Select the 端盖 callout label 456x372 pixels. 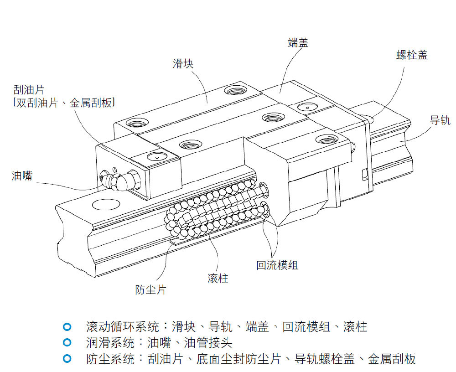click(x=298, y=43)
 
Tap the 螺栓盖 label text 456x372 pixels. click(x=412, y=55)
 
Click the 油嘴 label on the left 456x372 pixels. click(x=22, y=176)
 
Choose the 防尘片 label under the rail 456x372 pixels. click(x=150, y=289)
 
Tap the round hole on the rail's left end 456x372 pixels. click(x=104, y=205)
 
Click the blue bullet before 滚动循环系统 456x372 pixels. click(x=67, y=327)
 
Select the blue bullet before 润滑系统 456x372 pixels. click(x=67, y=342)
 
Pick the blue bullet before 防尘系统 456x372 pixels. click(x=67, y=358)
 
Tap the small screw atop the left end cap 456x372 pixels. click(x=155, y=157)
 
